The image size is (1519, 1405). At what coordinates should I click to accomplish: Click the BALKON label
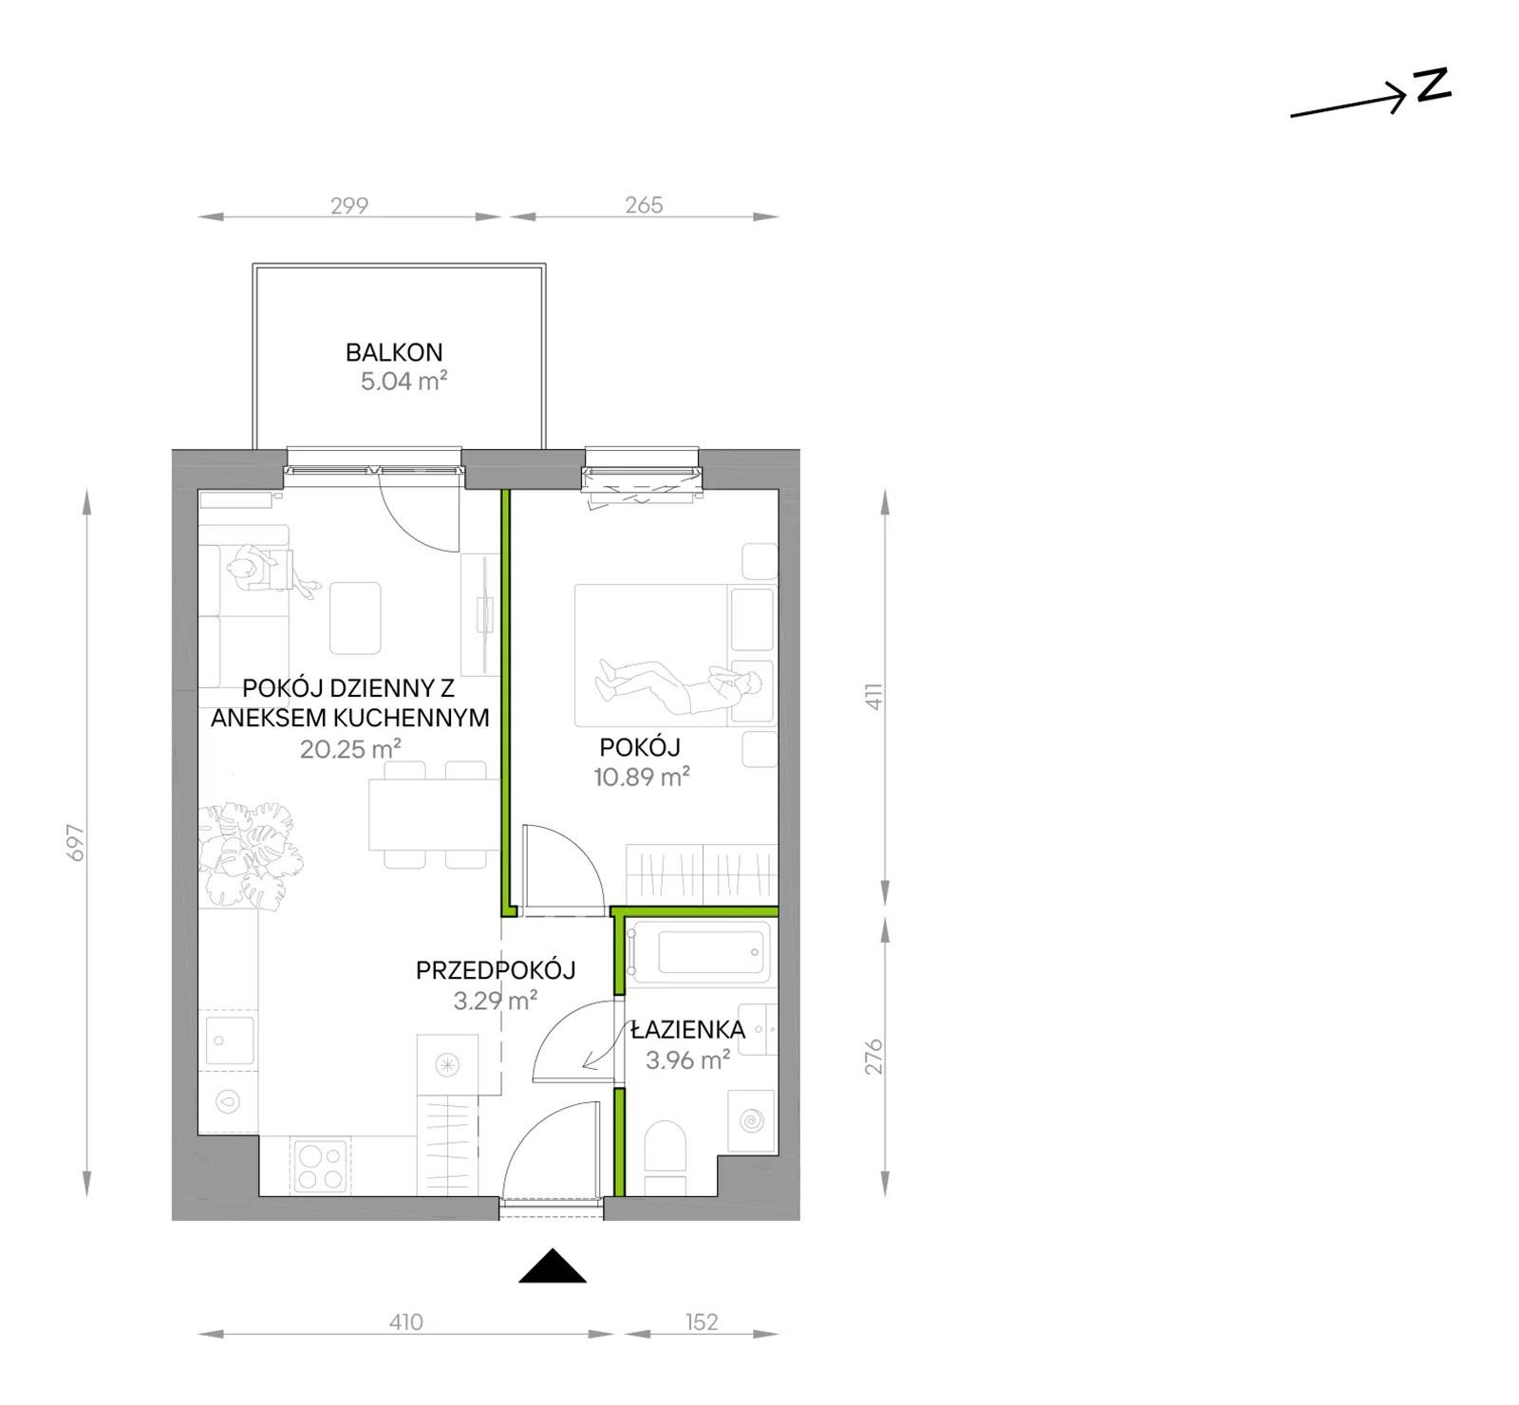tap(394, 352)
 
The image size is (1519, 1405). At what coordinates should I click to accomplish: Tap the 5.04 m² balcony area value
tap(403, 382)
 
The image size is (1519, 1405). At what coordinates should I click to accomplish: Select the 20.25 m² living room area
tap(350, 749)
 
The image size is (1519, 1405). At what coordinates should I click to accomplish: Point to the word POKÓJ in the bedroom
tap(640, 746)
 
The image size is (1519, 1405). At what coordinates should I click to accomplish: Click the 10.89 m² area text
tap(642, 777)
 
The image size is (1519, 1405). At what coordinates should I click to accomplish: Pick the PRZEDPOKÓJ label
tap(496, 970)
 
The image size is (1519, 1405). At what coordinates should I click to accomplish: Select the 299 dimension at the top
tap(349, 205)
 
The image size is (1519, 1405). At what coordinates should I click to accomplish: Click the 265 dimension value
tap(644, 205)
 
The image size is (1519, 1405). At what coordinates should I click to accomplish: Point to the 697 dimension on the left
tap(76, 843)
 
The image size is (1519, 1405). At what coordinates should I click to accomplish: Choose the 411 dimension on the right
tap(873, 696)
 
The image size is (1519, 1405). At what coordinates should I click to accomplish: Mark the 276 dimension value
tap(873, 1056)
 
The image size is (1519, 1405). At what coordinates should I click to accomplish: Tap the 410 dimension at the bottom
tap(405, 1321)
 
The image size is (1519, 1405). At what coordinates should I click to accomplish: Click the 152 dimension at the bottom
tap(702, 1321)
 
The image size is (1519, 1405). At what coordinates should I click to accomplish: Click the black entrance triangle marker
tap(553, 1268)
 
